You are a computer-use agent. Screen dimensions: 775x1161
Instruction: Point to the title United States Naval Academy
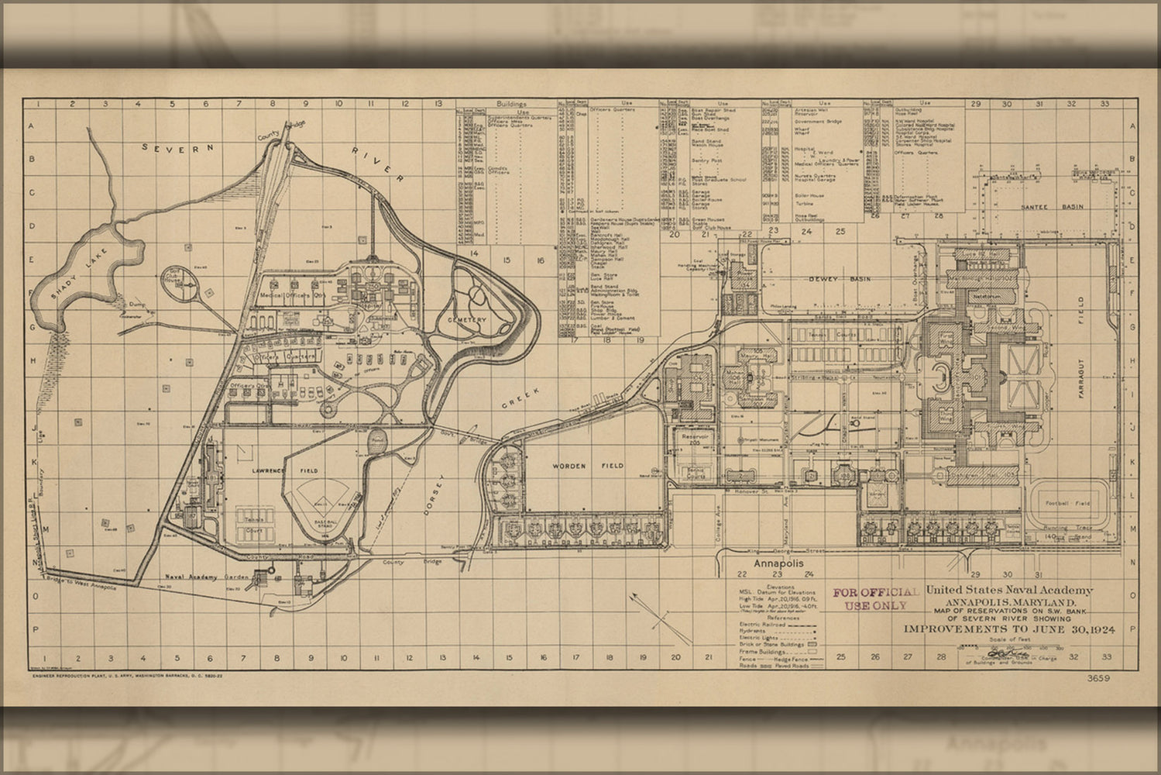tap(1009, 591)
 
